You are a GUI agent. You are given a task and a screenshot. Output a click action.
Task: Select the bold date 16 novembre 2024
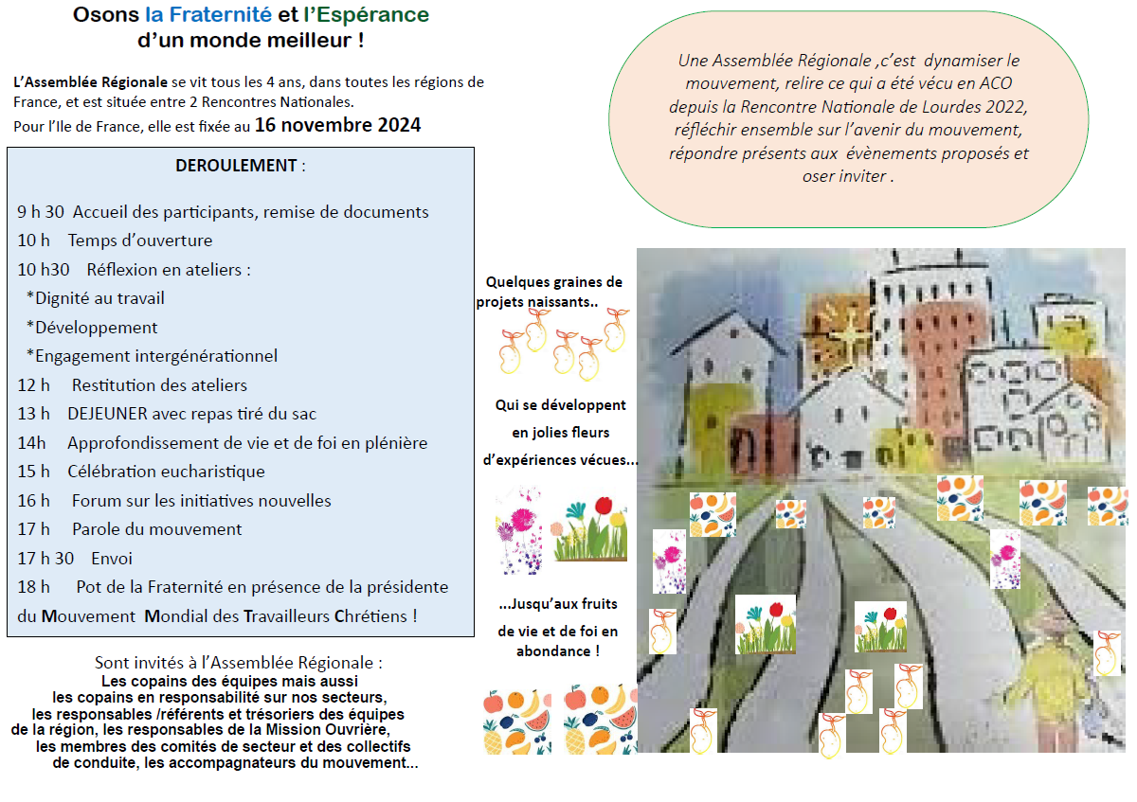337,125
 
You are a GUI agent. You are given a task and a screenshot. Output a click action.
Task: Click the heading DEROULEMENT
236,166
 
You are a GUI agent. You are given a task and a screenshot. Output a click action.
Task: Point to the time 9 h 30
41,211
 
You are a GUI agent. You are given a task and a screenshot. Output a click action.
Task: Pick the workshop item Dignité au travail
99,298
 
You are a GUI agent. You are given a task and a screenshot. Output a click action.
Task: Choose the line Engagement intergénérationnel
156,356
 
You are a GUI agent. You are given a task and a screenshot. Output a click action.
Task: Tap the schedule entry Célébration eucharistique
166,472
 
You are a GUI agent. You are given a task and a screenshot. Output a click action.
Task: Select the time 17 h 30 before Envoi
45,559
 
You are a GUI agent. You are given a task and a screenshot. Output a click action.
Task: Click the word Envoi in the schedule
112,559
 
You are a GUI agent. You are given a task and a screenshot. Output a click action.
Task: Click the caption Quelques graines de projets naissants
550,292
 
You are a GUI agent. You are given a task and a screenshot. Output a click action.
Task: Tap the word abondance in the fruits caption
553,651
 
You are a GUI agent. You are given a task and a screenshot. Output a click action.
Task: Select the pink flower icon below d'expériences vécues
519,530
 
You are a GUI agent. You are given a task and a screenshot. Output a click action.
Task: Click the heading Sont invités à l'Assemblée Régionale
239,663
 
